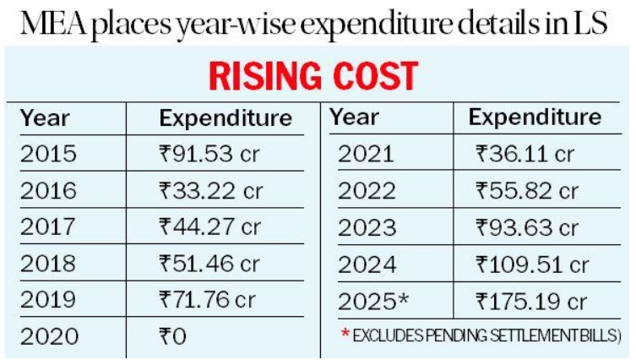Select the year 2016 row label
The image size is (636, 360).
48,191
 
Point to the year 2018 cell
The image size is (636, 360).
48,264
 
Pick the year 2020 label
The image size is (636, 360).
48,337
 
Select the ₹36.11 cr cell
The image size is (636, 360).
525,154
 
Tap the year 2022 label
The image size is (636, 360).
367,191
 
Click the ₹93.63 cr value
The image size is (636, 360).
526,227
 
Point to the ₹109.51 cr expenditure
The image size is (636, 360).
531,264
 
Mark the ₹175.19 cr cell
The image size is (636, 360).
531,300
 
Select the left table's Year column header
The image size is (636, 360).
45,117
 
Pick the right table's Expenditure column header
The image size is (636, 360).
535,117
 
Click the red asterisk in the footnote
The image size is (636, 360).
345,335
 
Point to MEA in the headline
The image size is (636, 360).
57,25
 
